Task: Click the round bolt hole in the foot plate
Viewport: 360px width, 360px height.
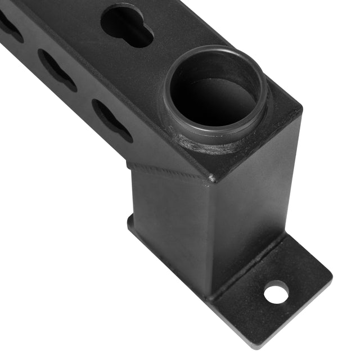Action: pyautogui.click(x=276, y=292)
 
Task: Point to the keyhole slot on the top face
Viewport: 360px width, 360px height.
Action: pyautogui.click(x=127, y=25)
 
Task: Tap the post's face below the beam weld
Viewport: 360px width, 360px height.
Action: pyautogui.click(x=169, y=225)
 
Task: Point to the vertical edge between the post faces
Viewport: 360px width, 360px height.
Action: pyautogui.click(x=210, y=236)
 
